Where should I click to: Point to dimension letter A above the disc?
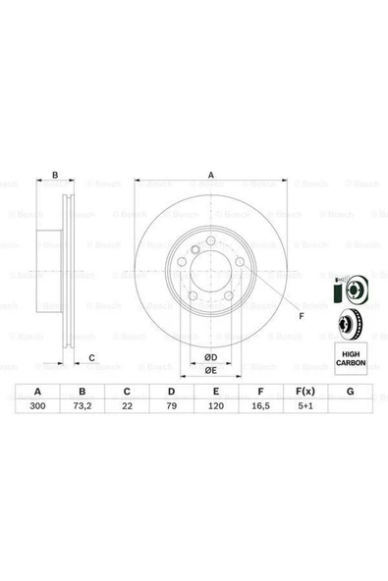pos(209,176)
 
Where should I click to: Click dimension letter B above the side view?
pos(56,176)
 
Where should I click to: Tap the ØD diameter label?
pos(209,356)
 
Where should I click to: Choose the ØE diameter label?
pos(209,369)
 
